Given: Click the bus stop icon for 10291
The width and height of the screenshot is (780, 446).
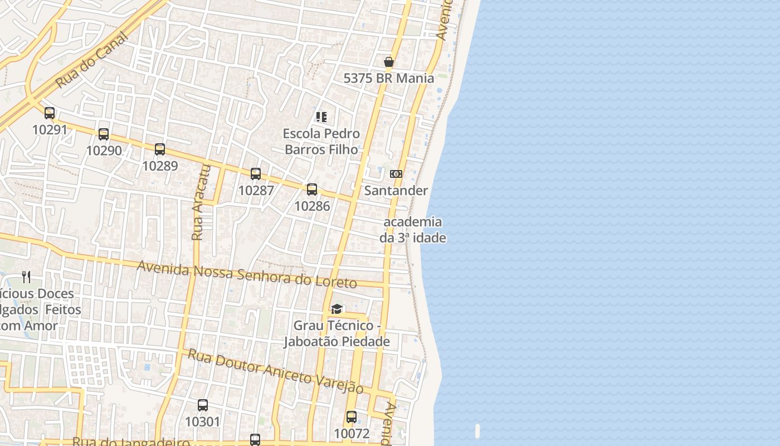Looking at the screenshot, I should click(50, 113).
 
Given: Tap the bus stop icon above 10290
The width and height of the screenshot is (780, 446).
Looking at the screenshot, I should click(104, 134).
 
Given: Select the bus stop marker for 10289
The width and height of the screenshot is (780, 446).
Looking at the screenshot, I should click(160, 149).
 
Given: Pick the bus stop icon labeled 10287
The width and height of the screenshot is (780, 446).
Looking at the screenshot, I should click(256, 173).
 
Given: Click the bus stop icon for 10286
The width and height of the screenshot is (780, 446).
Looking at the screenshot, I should click(312, 189).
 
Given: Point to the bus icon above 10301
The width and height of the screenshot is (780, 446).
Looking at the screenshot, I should click(203, 405).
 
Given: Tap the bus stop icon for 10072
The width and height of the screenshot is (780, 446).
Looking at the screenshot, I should click(352, 416).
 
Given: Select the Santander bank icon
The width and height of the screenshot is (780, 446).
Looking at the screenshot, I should click(396, 174).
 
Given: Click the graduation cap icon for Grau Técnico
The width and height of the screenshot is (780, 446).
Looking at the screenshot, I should click(337, 309).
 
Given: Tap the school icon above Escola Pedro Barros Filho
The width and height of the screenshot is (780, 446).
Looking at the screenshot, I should click(321, 117).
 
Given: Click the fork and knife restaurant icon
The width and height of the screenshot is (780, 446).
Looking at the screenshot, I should click(26, 277).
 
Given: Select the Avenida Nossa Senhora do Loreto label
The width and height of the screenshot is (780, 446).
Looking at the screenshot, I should click(247, 274).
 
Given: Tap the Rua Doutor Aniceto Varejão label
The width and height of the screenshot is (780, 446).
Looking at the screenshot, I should click(275, 371).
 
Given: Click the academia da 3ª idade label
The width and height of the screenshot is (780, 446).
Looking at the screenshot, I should click(413, 230).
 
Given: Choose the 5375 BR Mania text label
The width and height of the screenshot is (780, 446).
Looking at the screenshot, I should click(389, 78).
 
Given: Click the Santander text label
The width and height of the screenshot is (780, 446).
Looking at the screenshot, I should click(396, 191).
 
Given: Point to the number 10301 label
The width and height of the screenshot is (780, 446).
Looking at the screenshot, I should click(203, 421).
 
